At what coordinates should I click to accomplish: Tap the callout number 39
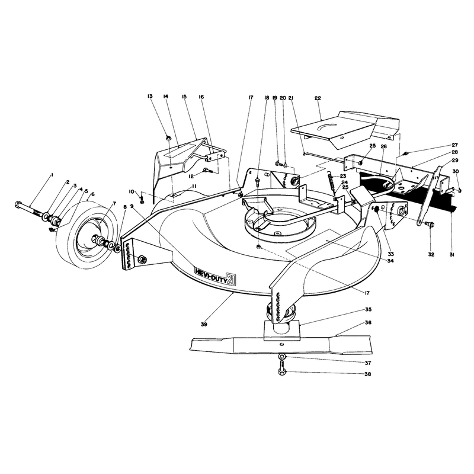(x=204, y=324)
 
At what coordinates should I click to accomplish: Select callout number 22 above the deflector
(x=318, y=98)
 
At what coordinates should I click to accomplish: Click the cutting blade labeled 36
(x=281, y=345)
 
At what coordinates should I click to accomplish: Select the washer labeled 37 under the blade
(x=282, y=357)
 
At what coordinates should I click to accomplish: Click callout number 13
(x=150, y=96)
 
